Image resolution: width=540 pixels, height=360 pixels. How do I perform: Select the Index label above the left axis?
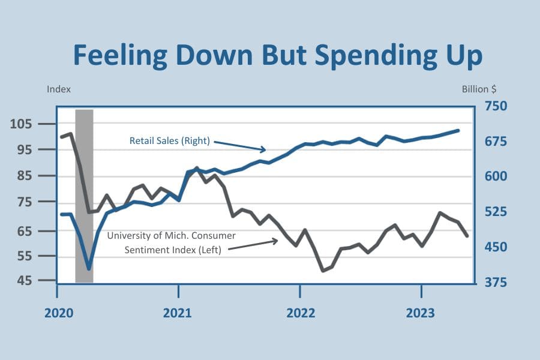coord(59,89)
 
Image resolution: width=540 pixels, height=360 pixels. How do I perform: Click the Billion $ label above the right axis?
coord(479,89)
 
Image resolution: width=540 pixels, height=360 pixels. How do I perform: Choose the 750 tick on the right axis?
coord(491,106)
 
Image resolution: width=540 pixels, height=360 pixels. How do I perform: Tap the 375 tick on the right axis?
coord(491,283)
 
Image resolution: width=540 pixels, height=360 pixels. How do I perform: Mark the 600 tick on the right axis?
coord(491,176)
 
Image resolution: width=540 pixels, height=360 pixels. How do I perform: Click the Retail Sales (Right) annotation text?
coord(169,141)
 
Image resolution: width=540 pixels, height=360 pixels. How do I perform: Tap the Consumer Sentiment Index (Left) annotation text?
coord(172,243)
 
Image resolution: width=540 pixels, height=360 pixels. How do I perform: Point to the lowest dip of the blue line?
coord(89,269)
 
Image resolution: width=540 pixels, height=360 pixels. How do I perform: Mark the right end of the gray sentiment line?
coord(467,236)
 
